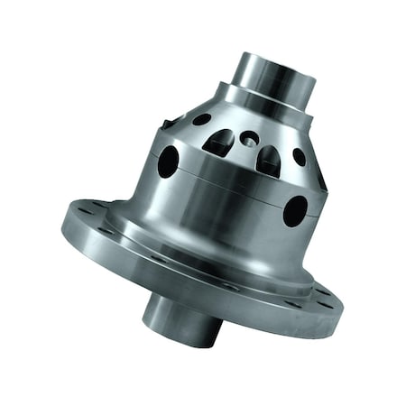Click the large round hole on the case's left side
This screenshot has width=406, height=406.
click(169, 161)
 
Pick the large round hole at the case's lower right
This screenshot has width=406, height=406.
click(295, 211)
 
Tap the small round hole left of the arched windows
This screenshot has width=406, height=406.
click(203, 119)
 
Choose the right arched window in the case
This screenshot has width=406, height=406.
click(268, 161)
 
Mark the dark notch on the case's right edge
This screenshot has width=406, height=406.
click(320, 180)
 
